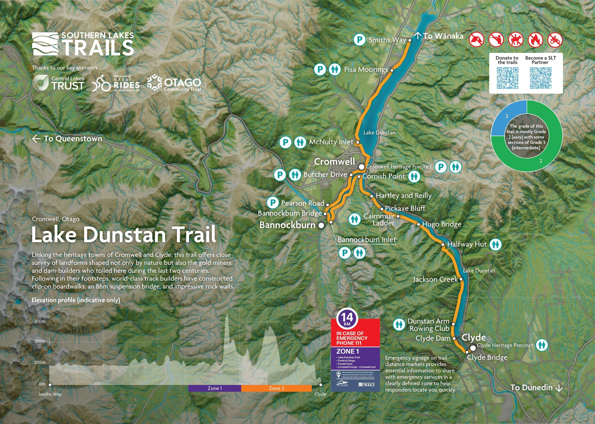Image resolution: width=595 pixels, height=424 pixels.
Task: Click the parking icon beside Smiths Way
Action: point(359,40)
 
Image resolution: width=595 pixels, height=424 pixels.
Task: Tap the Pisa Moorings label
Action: point(366,69)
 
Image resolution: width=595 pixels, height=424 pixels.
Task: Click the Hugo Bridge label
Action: point(441,224)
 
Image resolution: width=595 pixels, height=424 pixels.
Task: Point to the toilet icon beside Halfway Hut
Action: point(496,245)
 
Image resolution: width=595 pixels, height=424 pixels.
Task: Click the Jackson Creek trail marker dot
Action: point(461,279)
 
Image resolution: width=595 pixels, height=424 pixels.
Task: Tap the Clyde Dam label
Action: point(433,338)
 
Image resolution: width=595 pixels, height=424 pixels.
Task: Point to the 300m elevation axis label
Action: point(40,321)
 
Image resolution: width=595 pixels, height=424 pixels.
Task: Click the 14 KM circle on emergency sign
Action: point(347,319)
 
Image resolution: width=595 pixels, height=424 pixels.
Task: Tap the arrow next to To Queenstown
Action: point(36,139)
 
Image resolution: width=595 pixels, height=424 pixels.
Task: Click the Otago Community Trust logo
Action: point(174,83)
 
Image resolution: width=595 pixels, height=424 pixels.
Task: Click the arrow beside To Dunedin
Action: point(559,388)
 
